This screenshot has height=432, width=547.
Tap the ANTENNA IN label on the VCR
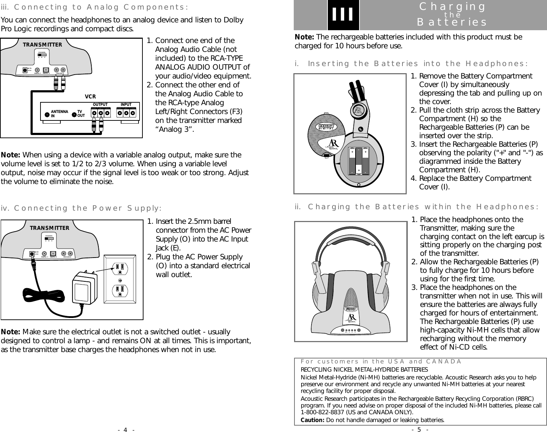click(x=59, y=114)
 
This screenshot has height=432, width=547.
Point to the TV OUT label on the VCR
click(x=81, y=114)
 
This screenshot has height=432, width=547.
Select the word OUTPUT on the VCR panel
click(x=100, y=104)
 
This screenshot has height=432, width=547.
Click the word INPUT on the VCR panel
click(x=126, y=104)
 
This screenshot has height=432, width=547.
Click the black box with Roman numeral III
click(x=343, y=15)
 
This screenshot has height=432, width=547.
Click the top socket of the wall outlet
click(x=120, y=268)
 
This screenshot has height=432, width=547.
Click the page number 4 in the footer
click(x=125, y=430)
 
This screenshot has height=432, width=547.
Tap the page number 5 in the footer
click(x=419, y=430)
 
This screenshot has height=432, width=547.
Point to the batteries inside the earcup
click(x=359, y=161)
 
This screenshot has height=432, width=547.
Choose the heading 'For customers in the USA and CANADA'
click(x=381, y=362)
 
